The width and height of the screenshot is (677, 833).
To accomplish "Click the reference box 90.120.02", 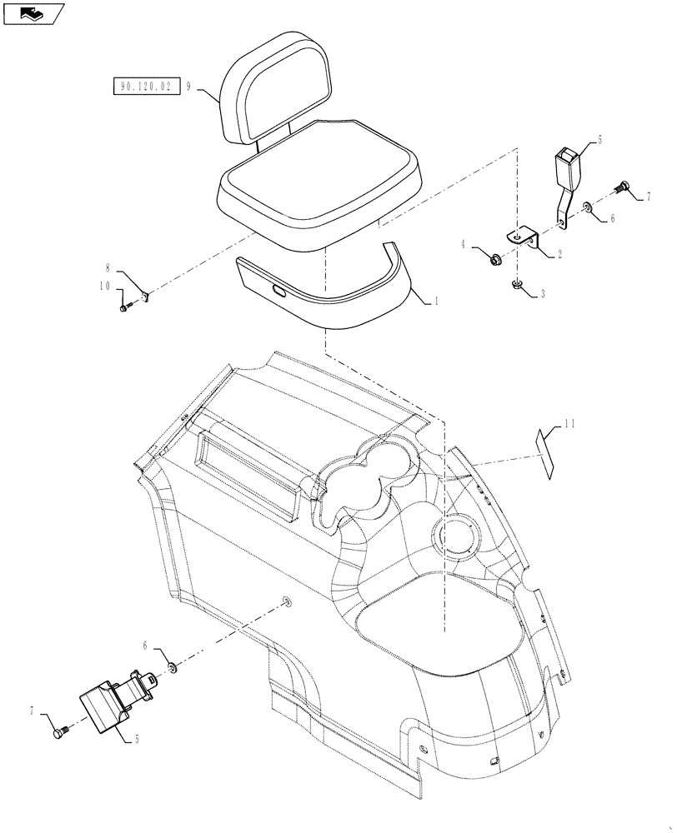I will point(146,86).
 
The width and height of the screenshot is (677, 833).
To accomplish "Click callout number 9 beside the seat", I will point(190,86).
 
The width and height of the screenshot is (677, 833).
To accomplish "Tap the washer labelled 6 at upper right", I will point(589,206).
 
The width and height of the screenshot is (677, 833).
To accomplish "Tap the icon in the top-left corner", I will point(33,12).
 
